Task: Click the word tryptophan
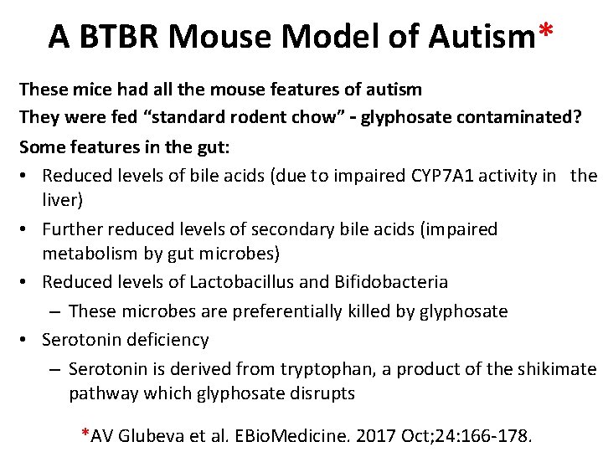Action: [281, 369]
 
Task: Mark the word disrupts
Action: [322, 393]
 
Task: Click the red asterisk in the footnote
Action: [85, 434]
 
